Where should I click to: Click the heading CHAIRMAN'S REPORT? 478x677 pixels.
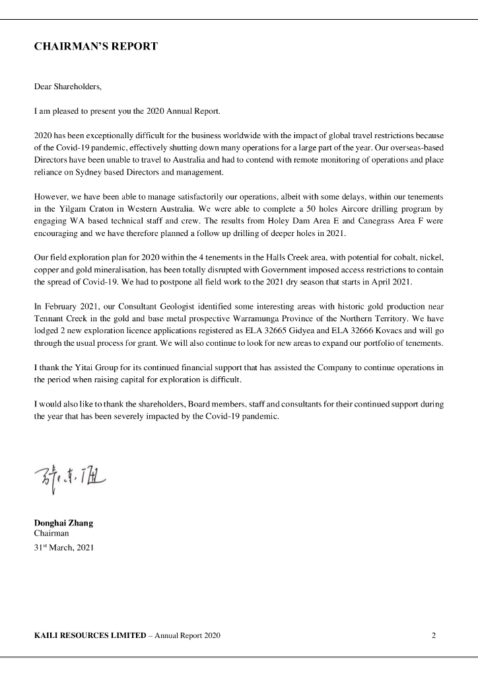pos(96,47)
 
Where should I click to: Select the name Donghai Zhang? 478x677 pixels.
pos(63,523)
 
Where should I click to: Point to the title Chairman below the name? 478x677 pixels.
pos(51,533)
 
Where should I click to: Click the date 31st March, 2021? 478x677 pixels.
pos(64,547)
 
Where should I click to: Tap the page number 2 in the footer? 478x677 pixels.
pos(434,636)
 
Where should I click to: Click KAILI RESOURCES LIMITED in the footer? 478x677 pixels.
pos(90,636)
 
